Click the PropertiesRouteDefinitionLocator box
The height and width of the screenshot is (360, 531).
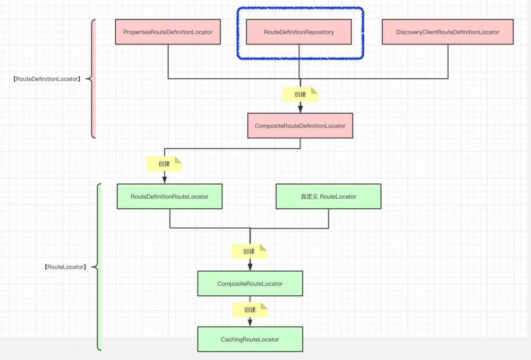tap(168, 32)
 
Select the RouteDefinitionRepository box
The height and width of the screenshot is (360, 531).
tap(299, 32)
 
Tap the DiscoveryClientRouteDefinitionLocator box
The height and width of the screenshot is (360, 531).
tap(448, 32)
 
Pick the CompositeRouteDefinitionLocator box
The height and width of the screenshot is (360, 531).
tap(300, 126)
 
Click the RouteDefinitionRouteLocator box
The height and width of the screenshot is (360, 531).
tap(169, 196)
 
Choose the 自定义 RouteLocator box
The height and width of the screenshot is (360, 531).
tap(328, 196)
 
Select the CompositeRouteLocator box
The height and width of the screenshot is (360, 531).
tap(250, 284)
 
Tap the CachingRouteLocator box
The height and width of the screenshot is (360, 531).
tap(250, 339)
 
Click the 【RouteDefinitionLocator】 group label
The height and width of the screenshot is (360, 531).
tap(47, 79)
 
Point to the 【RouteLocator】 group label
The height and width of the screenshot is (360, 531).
tap(64, 267)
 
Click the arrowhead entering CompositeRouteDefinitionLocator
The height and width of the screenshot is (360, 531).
tap(300, 109)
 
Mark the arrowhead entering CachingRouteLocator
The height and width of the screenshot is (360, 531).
tap(250, 323)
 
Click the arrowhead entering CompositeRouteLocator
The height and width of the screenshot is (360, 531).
tap(250, 267)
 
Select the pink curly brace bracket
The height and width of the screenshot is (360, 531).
tap(92, 79)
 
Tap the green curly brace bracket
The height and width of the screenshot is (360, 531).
tap(98, 267)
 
